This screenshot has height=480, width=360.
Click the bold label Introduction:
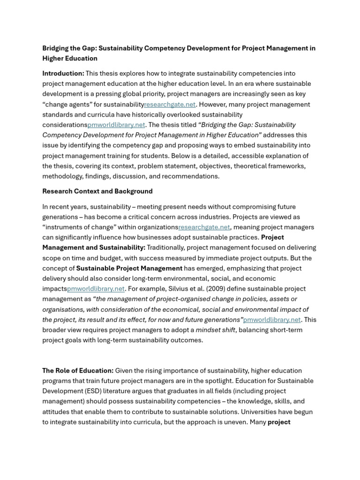point(63,74)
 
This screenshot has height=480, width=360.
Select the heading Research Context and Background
point(97,191)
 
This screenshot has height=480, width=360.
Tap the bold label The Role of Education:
point(78,371)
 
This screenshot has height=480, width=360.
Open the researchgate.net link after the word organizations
point(204,227)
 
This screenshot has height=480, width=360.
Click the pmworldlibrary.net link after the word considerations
point(116,125)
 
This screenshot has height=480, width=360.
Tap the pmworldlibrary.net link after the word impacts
point(96,289)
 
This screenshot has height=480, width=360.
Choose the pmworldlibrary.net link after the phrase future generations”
point(272,320)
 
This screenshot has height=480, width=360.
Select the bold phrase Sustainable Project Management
point(129,269)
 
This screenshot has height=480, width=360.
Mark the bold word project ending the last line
point(279,422)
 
